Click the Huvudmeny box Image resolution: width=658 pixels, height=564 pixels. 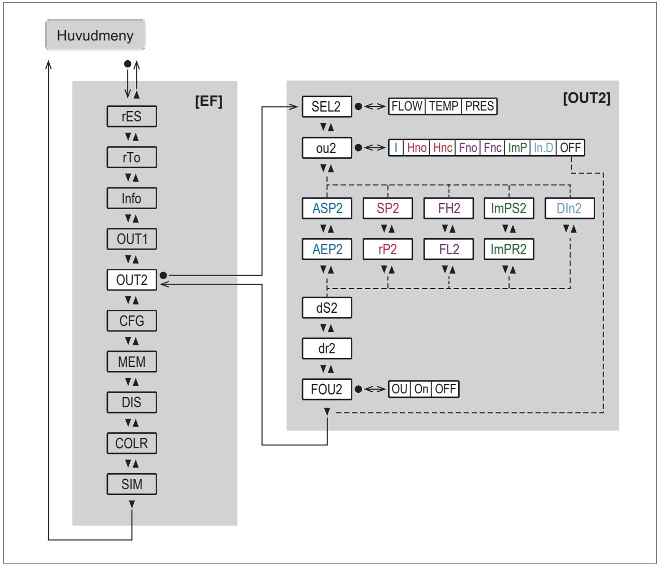click(95, 35)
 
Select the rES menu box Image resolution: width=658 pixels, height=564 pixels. click(132, 117)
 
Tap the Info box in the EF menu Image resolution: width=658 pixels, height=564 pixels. click(132, 198)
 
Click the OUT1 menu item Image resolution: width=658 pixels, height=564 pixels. click(132, 239)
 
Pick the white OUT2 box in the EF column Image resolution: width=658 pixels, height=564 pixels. click(132, 280)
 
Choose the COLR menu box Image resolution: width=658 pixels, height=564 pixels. click(132, 443)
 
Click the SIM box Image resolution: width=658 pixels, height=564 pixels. click(132, 484)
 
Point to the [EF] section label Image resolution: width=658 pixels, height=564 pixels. click(209, 101)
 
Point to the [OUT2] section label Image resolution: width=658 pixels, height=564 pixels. click(587, 98)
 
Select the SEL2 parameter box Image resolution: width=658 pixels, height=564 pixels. click(327, 106)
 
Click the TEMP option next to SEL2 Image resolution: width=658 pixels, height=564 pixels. click(443, 106)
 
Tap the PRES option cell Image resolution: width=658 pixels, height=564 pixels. click(479, 106)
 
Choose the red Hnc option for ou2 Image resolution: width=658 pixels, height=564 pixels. click(443, 148)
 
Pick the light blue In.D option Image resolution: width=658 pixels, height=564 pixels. click(543, 148)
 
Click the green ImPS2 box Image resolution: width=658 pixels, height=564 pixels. click(509, 208)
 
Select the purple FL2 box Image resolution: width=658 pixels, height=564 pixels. click(448, 249)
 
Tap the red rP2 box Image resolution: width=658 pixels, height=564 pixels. click(388, 249)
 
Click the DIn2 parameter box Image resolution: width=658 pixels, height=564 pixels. click(569, 208)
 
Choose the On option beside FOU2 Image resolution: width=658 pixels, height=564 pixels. click(421, 389)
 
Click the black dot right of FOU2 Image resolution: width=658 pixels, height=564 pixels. click(358, 389)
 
